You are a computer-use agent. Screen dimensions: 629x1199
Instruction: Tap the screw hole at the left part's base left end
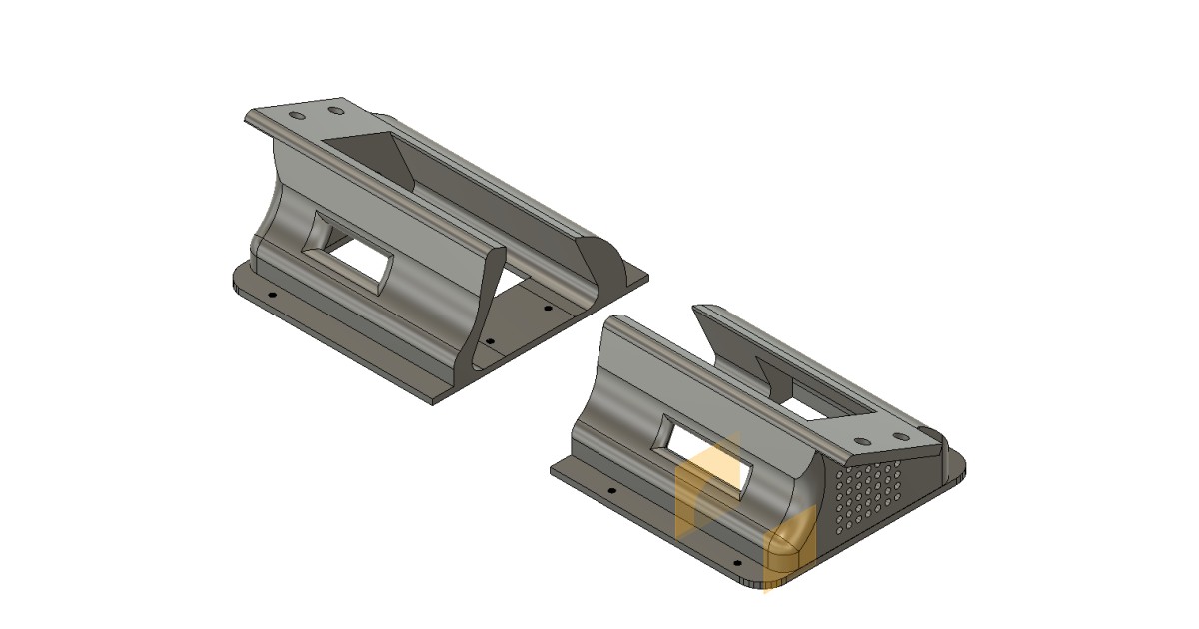point(272,296)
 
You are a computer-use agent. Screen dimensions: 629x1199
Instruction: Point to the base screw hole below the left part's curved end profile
point(490,339)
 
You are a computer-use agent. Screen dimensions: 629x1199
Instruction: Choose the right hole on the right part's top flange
point(901,436)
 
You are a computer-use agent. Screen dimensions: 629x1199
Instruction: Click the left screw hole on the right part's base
point(611,491)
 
